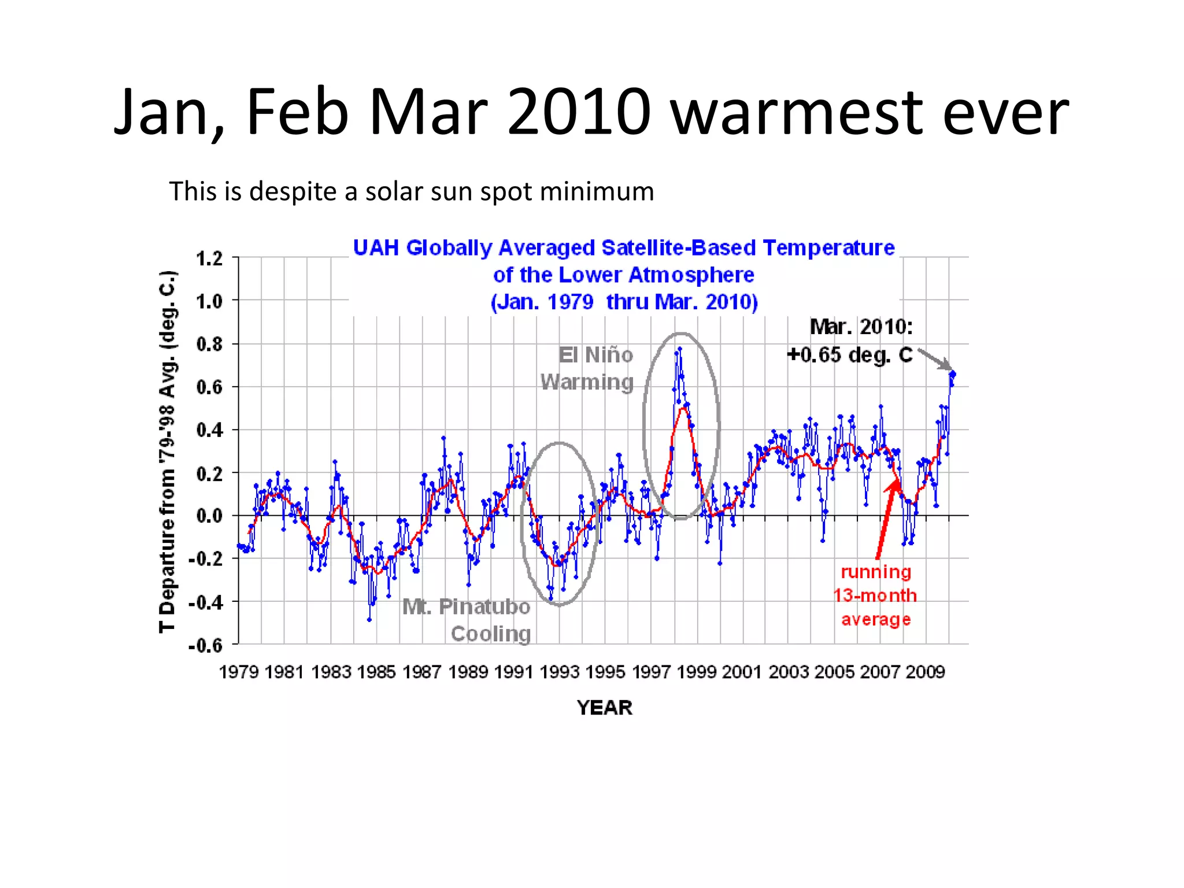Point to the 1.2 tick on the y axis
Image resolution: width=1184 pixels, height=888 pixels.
[209, 258]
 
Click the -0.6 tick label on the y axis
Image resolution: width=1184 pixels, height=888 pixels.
[206, 645]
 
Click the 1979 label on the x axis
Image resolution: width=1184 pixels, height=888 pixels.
[239, 672]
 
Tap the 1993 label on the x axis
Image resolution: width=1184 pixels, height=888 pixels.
[559, 672]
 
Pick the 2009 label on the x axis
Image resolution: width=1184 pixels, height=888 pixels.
[925, 672]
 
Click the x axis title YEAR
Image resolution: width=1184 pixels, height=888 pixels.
[604, 708]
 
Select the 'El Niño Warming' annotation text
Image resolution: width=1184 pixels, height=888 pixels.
[587, 368]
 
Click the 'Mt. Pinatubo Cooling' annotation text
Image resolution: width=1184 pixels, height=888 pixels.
[467, 620]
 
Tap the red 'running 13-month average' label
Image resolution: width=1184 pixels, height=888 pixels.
[875, 595]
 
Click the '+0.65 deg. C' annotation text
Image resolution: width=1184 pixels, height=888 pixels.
[849, 354]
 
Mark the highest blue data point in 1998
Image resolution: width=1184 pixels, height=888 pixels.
[680, 349]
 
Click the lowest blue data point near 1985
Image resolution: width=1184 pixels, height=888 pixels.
[369, 620]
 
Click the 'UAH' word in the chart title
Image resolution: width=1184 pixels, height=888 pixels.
[376, 248]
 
